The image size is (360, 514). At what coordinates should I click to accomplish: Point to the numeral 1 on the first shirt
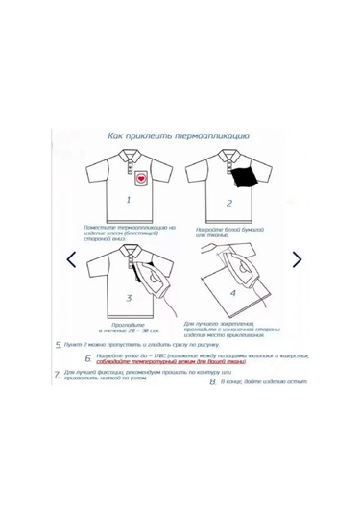(x=129, y=201)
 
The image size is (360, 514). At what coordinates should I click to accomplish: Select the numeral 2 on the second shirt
(x=228, y=204)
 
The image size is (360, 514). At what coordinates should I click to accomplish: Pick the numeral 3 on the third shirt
(x=129, y=299)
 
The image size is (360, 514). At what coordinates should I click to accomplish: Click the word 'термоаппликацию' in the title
(x=209, y=135)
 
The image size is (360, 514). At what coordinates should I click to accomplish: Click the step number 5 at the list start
(x=59, y=342)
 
